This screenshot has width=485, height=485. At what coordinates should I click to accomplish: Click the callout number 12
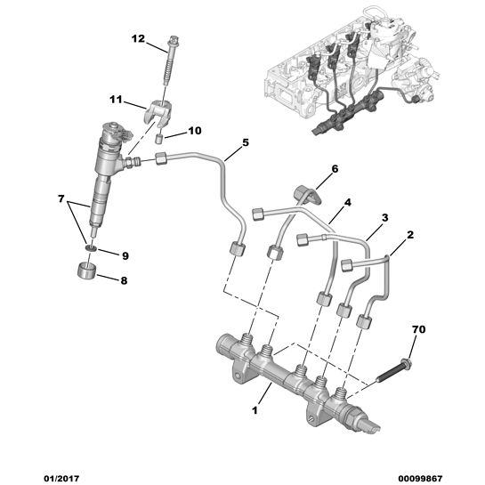point(138,39)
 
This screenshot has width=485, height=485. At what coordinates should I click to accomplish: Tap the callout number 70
point(419,330)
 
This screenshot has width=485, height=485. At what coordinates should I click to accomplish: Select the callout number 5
point(246,142)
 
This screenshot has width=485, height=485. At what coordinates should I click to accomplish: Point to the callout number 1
point(255,411)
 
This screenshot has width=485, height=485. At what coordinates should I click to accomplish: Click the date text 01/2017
point(61,479)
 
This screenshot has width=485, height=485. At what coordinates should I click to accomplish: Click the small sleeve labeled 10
point(159,138)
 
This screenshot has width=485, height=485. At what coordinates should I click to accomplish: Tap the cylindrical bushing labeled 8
point(86,271)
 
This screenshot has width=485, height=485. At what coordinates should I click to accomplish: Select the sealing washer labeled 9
point(91,247)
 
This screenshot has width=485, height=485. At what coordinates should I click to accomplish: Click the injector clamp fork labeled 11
point(158,114)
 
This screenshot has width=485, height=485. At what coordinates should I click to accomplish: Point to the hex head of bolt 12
point(174,42)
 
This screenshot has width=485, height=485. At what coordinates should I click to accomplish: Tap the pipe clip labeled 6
point(307,195)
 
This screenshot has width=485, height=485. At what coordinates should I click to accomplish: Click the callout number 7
point(61,198)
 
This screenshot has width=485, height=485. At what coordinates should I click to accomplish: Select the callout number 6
point(335,169)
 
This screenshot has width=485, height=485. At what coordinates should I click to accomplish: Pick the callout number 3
point(384,218)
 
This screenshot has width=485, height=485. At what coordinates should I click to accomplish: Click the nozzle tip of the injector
point(94,232)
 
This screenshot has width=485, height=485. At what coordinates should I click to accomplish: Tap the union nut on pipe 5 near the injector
point(161,158)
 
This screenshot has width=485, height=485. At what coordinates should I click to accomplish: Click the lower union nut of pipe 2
point(364,322)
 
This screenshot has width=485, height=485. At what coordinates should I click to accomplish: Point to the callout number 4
point(348,203)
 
